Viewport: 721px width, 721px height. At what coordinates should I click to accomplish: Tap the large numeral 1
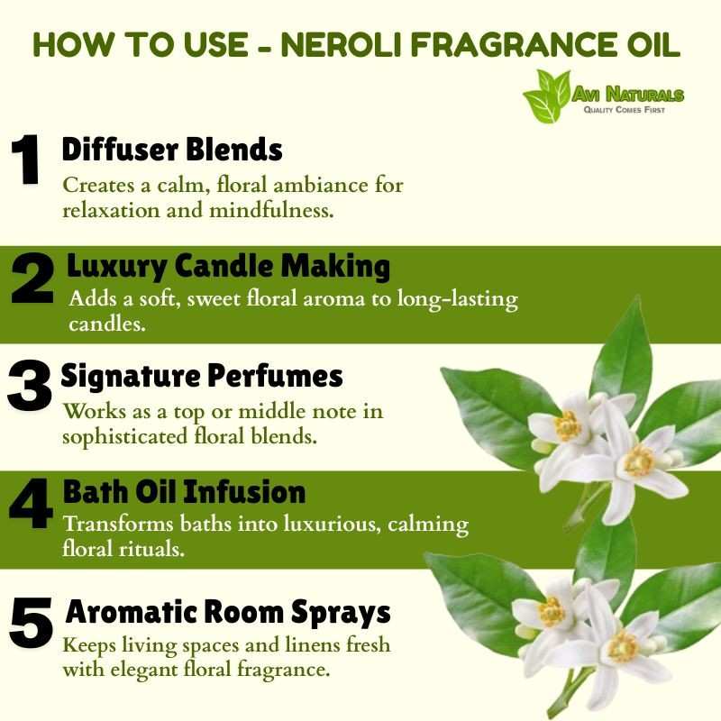(26, 160)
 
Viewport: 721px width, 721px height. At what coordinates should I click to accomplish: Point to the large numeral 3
(29, 386)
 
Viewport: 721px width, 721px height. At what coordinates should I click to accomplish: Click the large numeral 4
(31, 504)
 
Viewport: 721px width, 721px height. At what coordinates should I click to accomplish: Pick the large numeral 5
(31, 623)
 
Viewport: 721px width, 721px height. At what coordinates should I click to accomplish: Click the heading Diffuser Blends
(172, 149)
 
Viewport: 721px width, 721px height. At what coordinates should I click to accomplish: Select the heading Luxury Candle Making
(229, 267)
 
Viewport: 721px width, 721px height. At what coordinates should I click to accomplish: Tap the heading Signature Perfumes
(202, 377)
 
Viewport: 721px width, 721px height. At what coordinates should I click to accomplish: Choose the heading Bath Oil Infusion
(185, 491)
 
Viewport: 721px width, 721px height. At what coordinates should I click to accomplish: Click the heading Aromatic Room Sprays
(228, 613)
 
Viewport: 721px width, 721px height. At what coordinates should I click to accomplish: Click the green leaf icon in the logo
(547, 96)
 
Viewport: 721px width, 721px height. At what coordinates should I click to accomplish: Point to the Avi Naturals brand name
(628, 95)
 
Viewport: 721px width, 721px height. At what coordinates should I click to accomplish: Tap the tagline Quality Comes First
(625, 110)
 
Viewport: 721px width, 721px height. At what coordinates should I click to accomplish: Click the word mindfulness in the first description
(271, 211)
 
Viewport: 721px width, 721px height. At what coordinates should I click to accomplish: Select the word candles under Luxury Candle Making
(107, 324)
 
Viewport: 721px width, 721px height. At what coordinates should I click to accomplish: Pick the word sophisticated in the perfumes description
(125, 437)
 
